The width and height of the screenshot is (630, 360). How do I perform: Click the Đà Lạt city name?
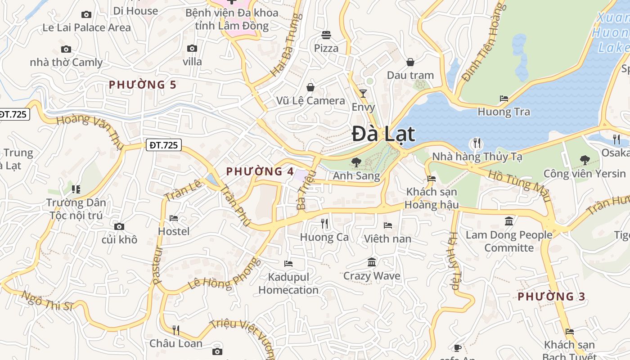pos(383,134)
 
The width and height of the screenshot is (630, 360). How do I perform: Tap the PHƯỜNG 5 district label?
pos(142,85)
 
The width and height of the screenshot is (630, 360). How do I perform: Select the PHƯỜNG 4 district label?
pos(260,171)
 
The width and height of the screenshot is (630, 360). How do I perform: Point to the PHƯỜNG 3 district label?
pos(551,297)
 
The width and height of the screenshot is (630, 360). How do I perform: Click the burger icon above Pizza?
pos(326,35)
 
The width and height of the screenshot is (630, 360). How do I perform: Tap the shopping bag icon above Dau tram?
pos(410,62)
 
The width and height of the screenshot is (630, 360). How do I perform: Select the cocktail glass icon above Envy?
pos(363,94)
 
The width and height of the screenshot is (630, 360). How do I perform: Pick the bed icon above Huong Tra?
pos(504,98)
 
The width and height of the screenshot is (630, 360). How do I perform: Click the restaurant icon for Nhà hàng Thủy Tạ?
pos(477,144)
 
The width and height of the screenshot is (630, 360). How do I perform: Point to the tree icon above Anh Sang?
pos(356,162)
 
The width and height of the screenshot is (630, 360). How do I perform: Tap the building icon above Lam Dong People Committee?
pos(509,221)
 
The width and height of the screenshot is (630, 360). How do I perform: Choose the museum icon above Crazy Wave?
pos(372,262)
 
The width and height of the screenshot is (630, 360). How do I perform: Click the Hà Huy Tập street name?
pos(454,261)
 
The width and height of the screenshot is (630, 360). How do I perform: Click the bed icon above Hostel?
pos(174,218)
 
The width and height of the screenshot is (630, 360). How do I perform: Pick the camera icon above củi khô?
pos(119,226)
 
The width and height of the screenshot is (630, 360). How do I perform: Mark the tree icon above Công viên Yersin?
pos(585,160)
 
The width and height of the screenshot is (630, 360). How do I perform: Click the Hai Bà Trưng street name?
pos(285,45)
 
